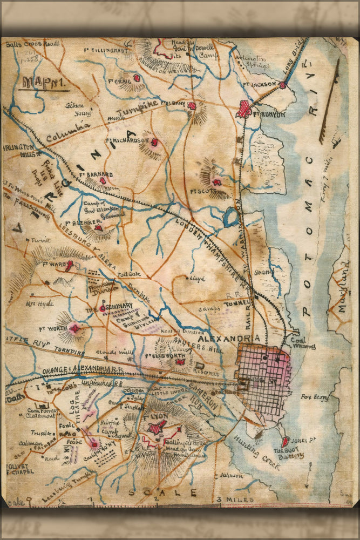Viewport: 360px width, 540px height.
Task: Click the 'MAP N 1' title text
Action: click(36, 84)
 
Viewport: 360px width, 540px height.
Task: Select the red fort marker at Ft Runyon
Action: click(244, 109)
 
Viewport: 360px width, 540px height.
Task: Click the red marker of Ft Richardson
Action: click(154, 143)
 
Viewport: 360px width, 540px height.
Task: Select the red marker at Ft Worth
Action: click(74, 328)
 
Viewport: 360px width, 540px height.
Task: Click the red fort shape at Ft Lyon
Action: click(157, 428)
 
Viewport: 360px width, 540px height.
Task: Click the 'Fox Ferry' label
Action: click(315, 397)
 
